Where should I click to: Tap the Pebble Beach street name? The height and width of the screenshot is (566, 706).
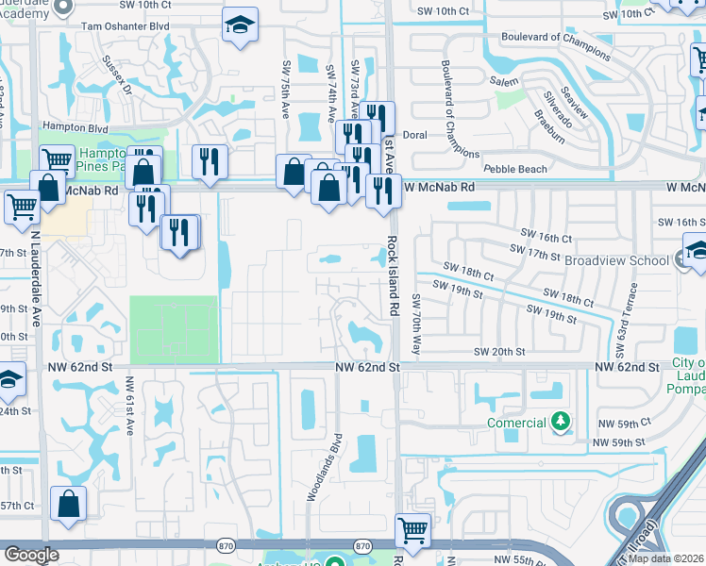514,169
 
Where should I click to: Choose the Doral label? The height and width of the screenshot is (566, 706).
415,135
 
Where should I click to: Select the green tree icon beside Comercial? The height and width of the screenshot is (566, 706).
562,422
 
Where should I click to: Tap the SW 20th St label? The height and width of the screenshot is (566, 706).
499,351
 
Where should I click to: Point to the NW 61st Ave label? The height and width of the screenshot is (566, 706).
130,407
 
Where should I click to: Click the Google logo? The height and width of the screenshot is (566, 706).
31,555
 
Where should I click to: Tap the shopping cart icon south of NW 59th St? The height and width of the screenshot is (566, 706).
412,529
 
